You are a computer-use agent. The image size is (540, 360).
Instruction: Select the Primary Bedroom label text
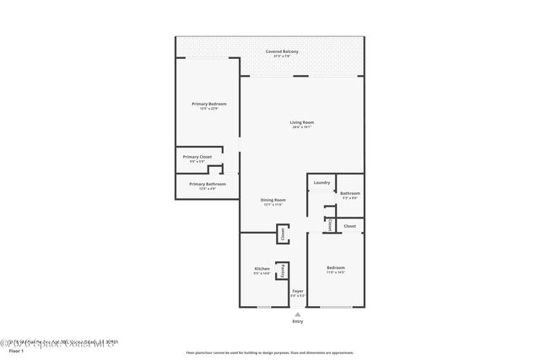pyautogui.click(x=208, y=104)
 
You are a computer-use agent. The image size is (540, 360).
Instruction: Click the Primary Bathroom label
pyautogui.click(x=208, y=184)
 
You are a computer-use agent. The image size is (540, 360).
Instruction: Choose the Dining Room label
pyautogui.click(x=273, y=200)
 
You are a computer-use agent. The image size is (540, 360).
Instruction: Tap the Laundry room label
pyautogui.click(x=321, y=183)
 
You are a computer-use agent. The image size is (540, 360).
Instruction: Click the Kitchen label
pyautogui.click(x=262, y=269)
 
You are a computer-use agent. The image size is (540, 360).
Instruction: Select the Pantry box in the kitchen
pyautogui.click(x=283, y=271)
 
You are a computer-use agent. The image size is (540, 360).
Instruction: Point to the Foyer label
pyautogui.click(x=297, y=291)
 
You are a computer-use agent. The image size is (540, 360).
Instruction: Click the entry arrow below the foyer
pyautogui.click(x=297, y=314)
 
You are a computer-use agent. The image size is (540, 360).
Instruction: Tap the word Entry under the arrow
pyautogui.click(x=297, y=321)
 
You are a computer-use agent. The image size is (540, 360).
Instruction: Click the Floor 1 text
pyautogui.click(x=15, y=350)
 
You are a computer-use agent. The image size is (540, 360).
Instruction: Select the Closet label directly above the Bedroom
pyautogui.click(x=349, y=226)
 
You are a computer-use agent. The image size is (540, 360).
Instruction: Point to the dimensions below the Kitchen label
pyautogui.click(x=262, y=274)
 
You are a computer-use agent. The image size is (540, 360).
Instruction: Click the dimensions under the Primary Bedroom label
pyautogui.click(x=208, y=109)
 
